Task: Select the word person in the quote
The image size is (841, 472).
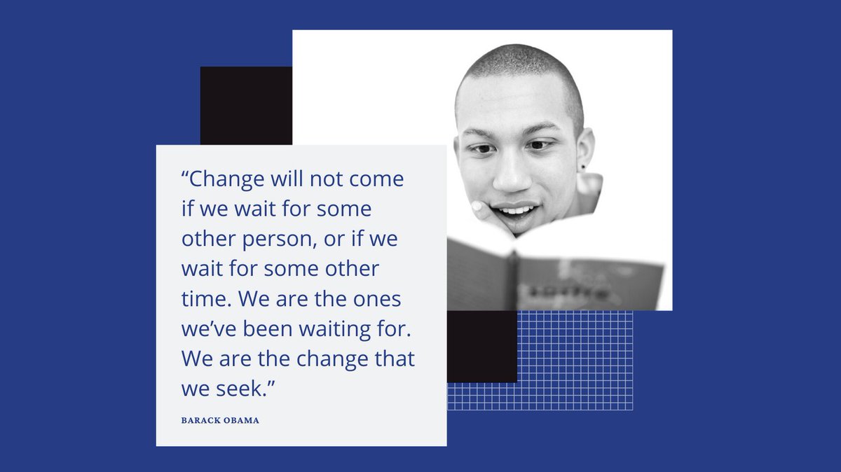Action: point(268,239)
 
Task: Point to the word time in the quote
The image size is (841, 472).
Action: point(203,299)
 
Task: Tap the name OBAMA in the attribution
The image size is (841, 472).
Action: point(241,421)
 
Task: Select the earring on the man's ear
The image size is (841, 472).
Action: point(583,167)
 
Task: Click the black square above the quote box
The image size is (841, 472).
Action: point(245,105)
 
